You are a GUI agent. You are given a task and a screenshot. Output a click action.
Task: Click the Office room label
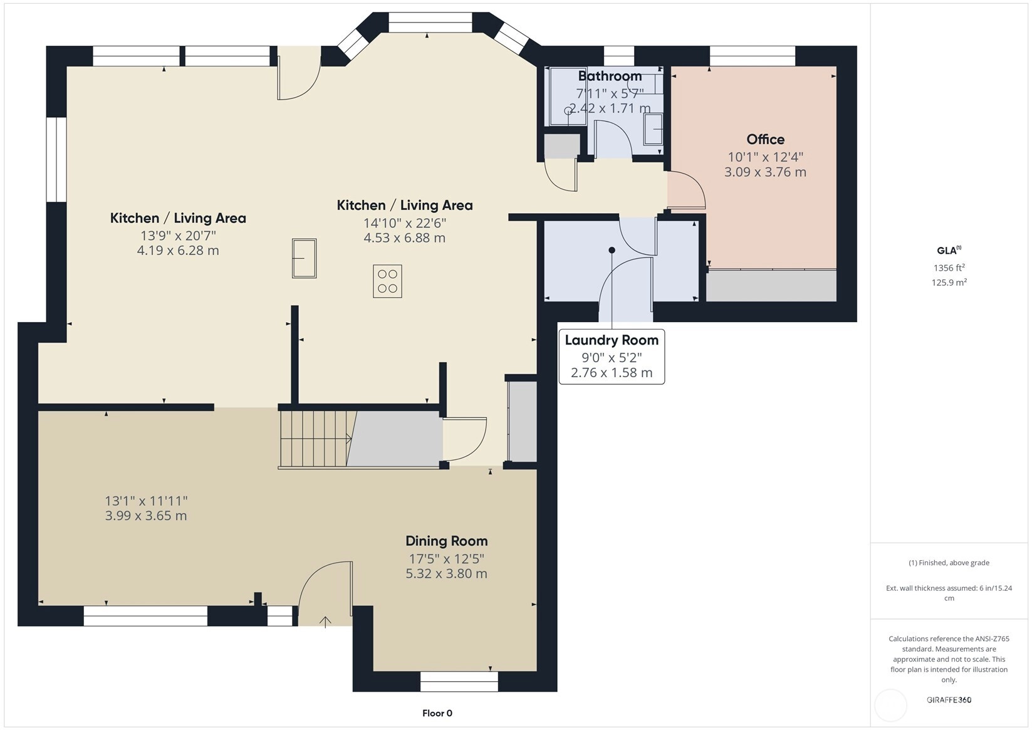[x=765, y=139]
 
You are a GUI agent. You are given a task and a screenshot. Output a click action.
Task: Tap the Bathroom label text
[x=610, y=76]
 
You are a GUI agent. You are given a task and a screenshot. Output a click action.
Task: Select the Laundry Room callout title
[x=612, y=340]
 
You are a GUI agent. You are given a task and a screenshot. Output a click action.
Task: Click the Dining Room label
[x=446, y=541]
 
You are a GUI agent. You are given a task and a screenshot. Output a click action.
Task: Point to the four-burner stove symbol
[x=387, y=281]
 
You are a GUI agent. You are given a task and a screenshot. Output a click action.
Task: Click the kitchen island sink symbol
[x=304, y=258]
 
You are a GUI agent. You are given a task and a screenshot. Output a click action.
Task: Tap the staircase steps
[x=316, y=439]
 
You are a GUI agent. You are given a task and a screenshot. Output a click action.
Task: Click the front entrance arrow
[x=325, y=622]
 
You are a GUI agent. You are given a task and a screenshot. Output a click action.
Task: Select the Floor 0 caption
[x=437, y=713]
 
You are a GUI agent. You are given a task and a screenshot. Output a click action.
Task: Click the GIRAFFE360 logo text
[x=949, y=699]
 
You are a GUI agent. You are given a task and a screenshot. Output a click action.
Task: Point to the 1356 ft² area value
[x=949, y=268]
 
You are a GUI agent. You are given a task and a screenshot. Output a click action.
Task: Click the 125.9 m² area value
[x=949, y=283]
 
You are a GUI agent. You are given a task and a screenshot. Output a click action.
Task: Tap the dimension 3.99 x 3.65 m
[x=146, y=516]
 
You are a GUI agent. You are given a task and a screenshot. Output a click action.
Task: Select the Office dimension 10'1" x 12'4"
[x=765, y=157]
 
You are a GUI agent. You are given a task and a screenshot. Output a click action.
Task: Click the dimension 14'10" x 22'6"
[x=405, y=224]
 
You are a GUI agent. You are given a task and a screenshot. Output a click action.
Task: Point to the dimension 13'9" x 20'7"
[x=178, y=236]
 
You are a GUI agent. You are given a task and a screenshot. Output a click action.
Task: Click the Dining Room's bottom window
[x=459, y=682]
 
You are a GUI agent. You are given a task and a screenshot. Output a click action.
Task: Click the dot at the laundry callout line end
[x=612, y=250]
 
